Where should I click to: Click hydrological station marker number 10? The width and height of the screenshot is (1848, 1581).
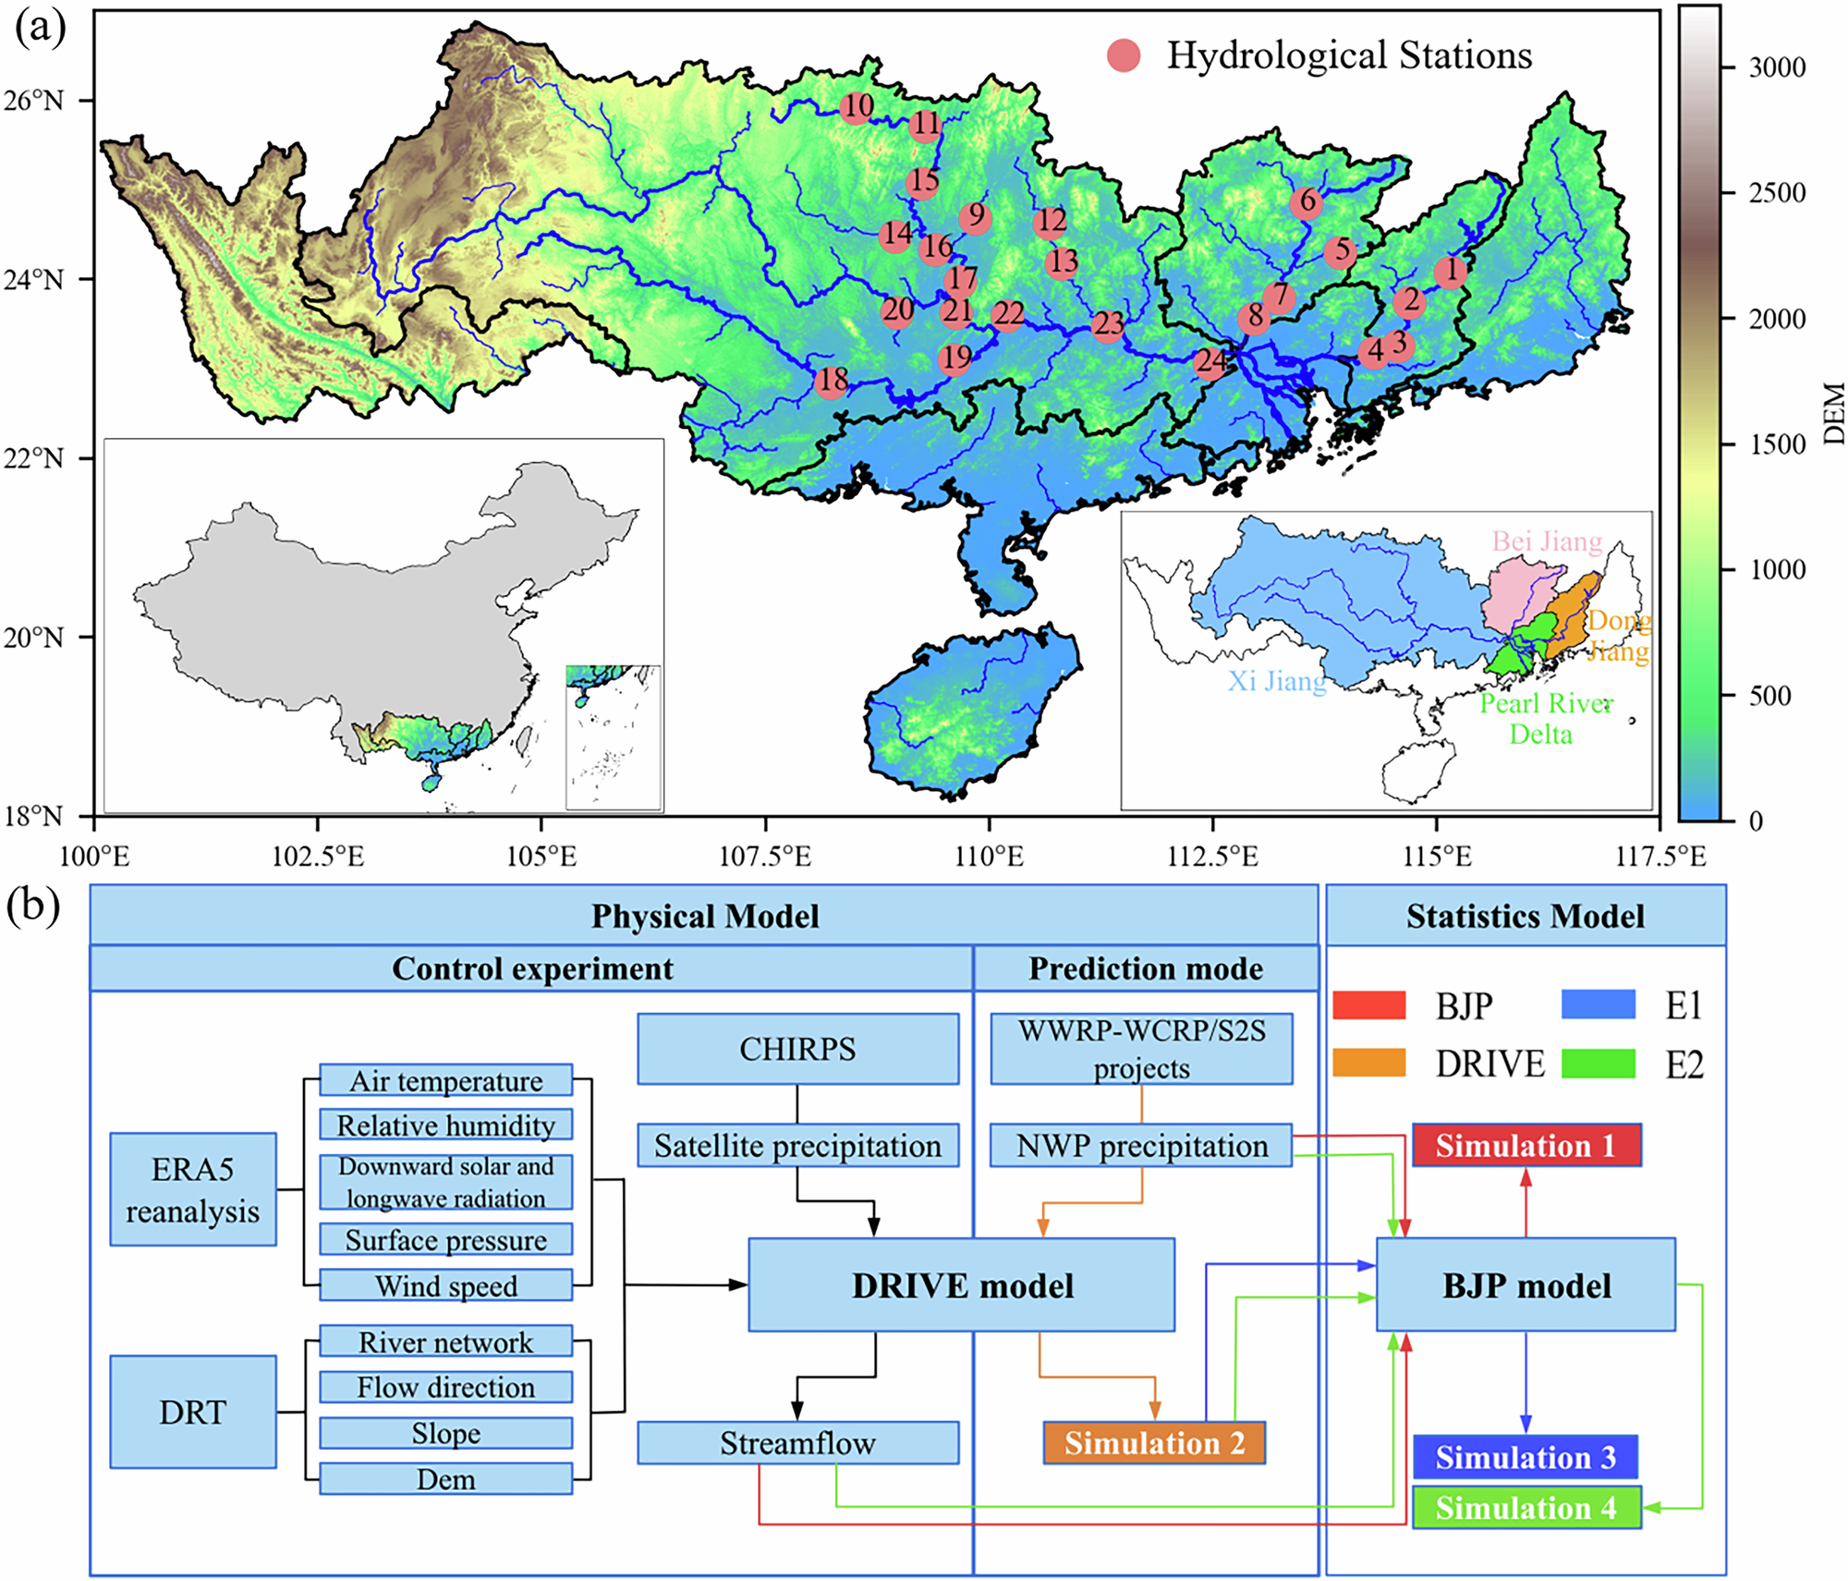pyautogui.click(x=857, y=107)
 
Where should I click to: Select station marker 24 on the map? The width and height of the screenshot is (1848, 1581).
pyautogui.click(x=1211, y=361)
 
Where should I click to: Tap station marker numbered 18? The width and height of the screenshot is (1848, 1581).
pyautogui.click(x=832, y=381)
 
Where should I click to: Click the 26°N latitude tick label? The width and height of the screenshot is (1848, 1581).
pyautogui.click(x=33, y=100)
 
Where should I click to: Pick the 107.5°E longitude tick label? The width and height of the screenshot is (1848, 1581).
pyautogui.click(x=764, y=857)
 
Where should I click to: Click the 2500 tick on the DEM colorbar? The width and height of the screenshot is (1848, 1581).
pyautogui.click(x=1775, y=192)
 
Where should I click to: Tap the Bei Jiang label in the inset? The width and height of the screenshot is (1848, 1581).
pyautogui.click(x=1546, y=541)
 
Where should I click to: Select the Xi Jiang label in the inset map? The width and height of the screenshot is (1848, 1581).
pyautogui.click(x=1276, y=681)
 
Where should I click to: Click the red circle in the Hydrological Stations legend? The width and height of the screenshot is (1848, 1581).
pyautogui.click(x=1124, y=55)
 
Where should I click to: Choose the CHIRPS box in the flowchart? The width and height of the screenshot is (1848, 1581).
pyautogui.click(x=797, y=1049)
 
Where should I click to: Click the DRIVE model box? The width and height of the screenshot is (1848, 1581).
pyautogui.click(x=961, y=1285)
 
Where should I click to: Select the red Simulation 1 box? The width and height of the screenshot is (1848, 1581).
pyautogui.click(x=1526, y=1146)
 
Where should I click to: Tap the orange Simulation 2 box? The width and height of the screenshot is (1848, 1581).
pyautogui.click(x=1153, y=1442)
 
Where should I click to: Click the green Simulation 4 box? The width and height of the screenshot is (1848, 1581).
pyautogui.click(x=1526, y=1508)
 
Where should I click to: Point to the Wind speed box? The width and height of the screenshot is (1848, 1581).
pyautogui.click(x=445, y=1285)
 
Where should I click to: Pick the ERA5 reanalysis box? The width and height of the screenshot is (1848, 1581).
pyautogui.click(x=192, y=1189)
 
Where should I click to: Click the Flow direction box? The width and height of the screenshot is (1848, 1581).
pyautogui.click(x=445, y=1387)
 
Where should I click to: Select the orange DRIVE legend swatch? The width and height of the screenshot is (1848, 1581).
pyautogui.click(x=1368, y=1064)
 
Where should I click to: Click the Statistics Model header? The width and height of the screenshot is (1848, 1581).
pyautogui.click(x=1525, y=916)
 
